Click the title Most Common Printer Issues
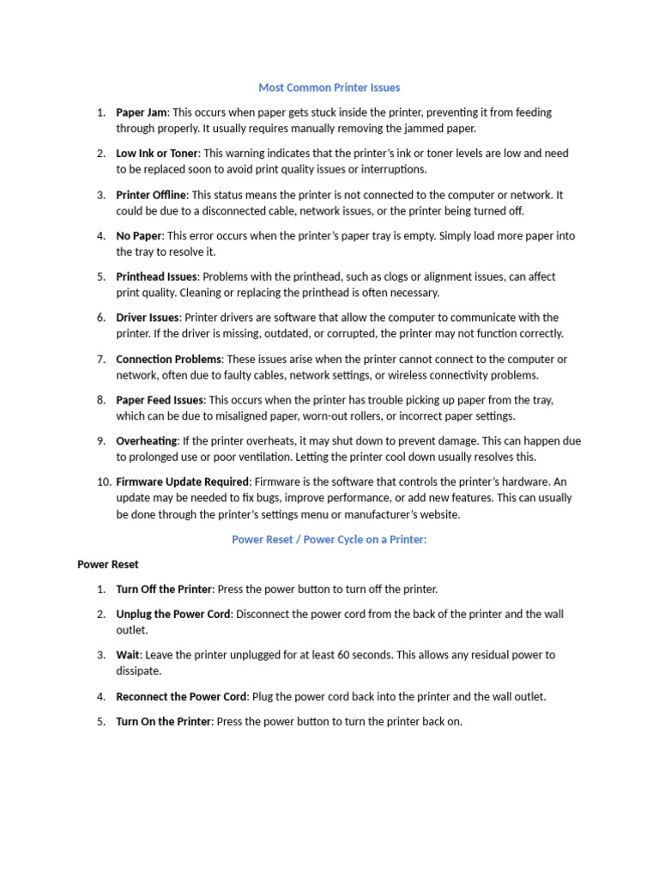329,88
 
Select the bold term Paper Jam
142,112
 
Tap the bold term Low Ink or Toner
157,154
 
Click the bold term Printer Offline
151,195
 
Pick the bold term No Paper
139,236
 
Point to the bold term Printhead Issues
156,277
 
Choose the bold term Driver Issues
148,318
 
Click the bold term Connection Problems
168,360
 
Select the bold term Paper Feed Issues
160,400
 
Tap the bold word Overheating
147,441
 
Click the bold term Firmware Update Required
183,482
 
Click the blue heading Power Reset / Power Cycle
329,540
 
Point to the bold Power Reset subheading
108,565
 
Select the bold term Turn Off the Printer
164,590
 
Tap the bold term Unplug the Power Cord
173,615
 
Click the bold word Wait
128,655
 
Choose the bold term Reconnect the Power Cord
181,697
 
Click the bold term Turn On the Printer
163,722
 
